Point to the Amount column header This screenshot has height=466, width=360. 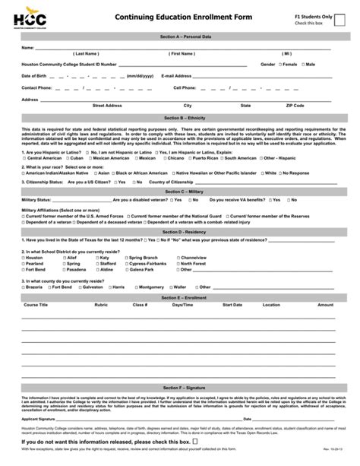(325, 304)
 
